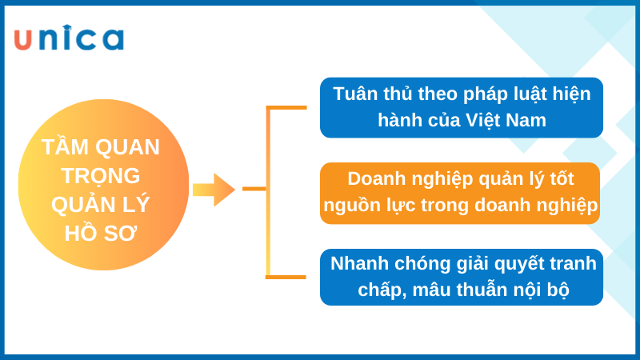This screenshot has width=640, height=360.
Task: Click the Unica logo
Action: click(x=69, y=38)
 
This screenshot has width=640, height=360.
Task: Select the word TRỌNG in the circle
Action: click(x=101, y=175)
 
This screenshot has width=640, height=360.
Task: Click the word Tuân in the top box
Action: click(x=355, y=94)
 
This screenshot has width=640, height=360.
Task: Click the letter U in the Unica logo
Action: click(x=23, y=39)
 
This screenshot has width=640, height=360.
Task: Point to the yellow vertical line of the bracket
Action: click(x=268, y=192)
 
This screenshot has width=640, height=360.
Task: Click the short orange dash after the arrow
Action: click(x=254, y=189)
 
